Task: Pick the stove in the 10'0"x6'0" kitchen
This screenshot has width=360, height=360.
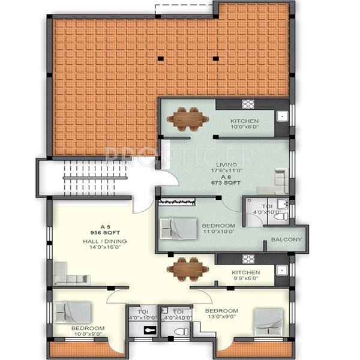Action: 248,104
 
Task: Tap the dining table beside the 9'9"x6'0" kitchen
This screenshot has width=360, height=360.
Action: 188,269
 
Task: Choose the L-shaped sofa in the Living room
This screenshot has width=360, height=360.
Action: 278,179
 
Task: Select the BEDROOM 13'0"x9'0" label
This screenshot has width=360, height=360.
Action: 221,314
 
